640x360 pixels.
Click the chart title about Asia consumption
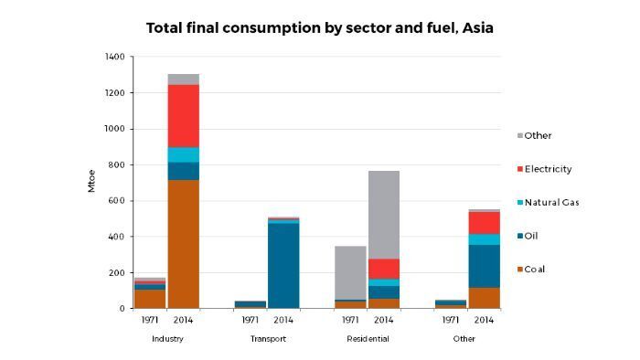click(320, 28)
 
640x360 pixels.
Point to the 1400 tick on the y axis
click(114, 57)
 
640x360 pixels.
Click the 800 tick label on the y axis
click(116, 164)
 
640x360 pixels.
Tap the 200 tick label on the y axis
click(116, 272)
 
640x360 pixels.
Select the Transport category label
click(267, 339)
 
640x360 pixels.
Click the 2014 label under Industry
click(184, 320)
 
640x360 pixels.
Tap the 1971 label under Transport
click(250, 320)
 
